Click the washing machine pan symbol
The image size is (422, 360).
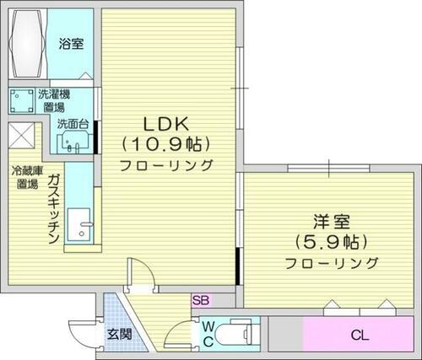pyautogui.click(x=21, y=102)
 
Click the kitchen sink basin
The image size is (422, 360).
pyautogui.click(x=82, y=226)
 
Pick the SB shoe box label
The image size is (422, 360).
pyautogui.click(x=201, y=299)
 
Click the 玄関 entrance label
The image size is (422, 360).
pyautogui.click(x=119, y=334)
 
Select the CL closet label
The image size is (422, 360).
pyautogui.click(x=360, y=336)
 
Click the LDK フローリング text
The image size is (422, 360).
pyautogui.click(x=165, y=164)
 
